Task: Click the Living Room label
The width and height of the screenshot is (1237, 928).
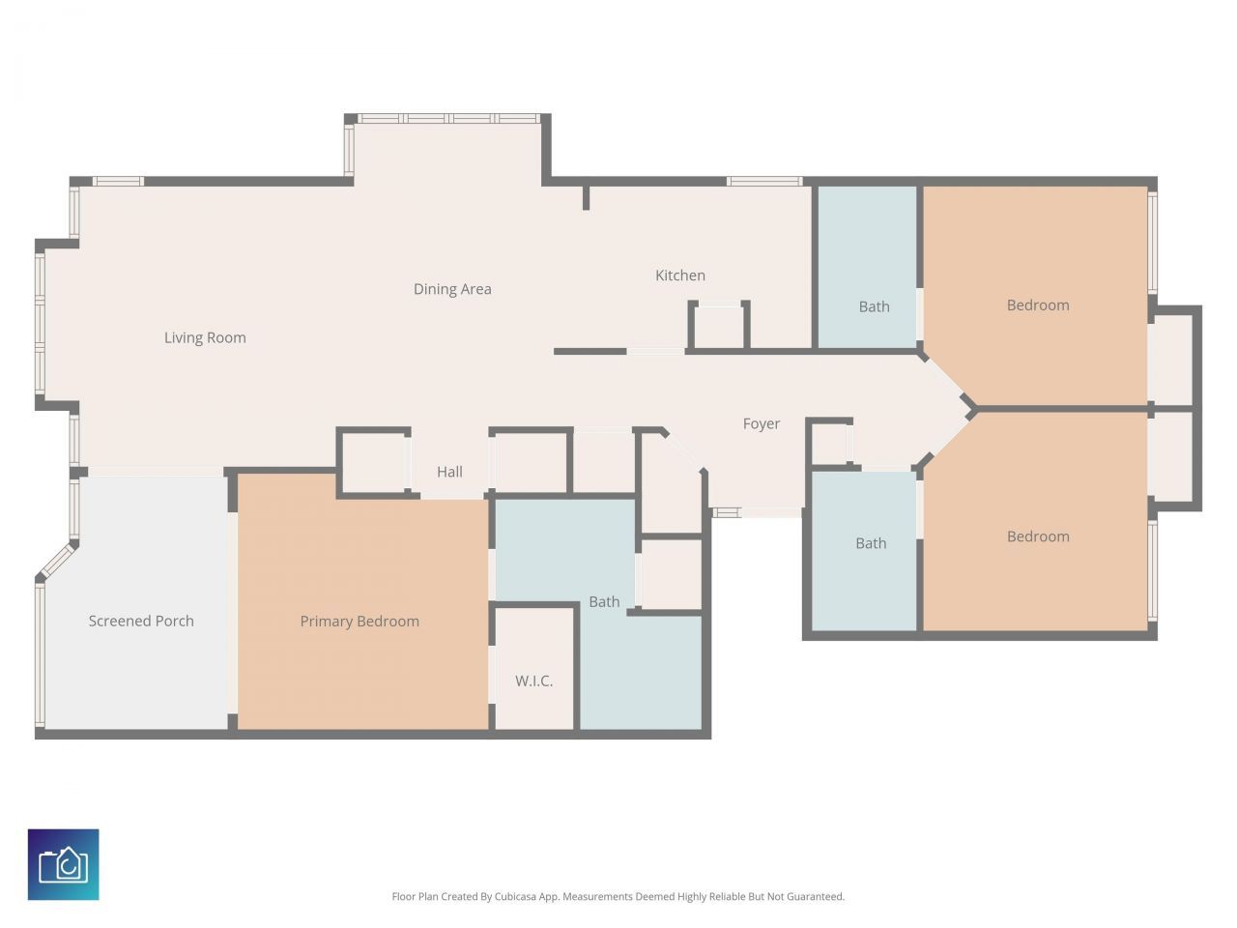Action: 205,337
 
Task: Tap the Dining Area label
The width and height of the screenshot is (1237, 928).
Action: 452,289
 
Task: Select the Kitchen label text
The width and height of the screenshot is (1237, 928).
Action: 680,275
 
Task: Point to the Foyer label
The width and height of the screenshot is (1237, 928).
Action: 762,423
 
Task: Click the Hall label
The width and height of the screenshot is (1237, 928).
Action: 449,472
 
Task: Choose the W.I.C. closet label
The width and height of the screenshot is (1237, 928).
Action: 533,681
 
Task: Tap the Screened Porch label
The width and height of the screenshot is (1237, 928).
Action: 141,621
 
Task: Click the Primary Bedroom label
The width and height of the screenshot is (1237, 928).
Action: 360,621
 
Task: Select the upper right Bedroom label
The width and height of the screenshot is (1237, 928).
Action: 1038,304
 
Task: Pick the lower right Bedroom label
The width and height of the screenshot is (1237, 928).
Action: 1038,536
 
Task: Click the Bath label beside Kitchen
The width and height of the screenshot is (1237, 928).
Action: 874,306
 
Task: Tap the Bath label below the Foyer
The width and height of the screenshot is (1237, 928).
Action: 871,543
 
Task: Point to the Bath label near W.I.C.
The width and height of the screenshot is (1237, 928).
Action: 604,601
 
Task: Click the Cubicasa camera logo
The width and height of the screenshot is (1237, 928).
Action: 64,864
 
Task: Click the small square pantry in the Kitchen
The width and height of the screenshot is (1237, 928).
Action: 719,328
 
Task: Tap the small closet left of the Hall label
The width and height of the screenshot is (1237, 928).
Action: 374,463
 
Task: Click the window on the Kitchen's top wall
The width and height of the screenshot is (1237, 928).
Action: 764,181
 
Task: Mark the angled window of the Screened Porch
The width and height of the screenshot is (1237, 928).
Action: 57,561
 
